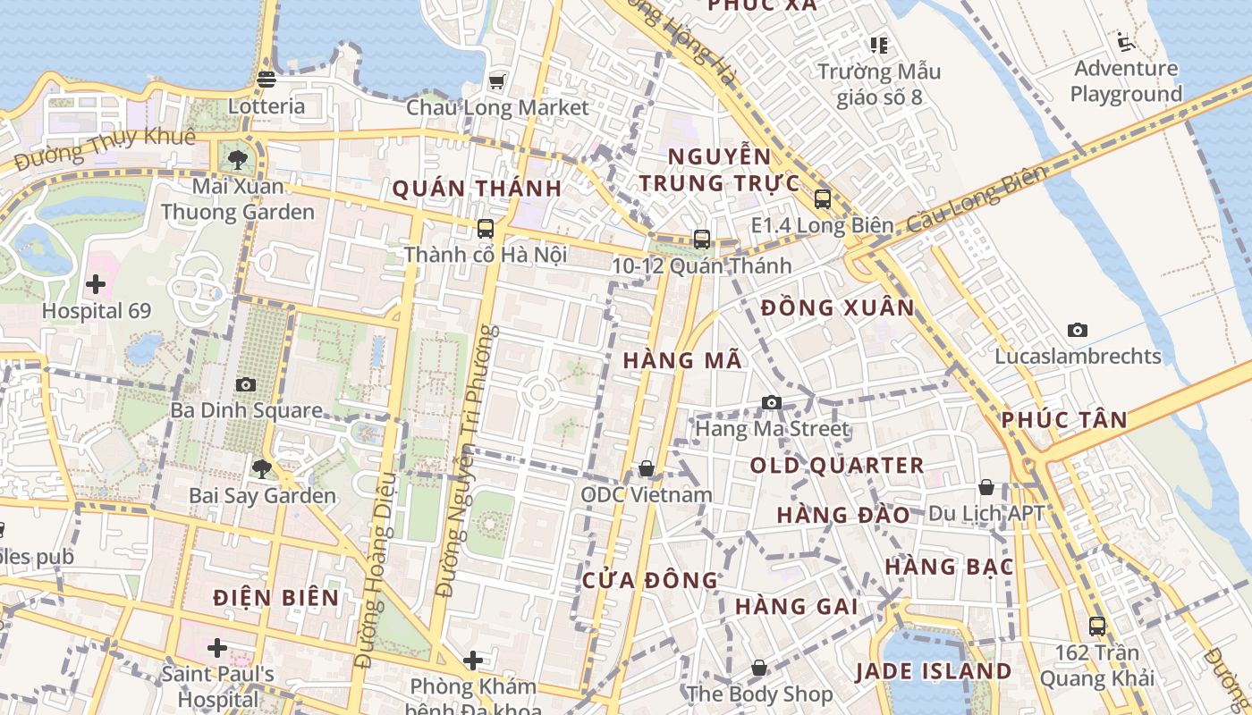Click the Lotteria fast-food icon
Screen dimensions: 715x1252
pyautogui.click(x=266, y=80)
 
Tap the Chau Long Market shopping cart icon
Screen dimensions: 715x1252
pyautogui.click(x=496, y=81)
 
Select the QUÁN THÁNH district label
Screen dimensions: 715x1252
pyautogui.click(x=477, y=189)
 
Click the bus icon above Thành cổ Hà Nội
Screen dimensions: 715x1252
pyautogui.click(x=486, y=229)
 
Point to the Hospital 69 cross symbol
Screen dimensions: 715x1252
pyautogui.click(x=96, y=285)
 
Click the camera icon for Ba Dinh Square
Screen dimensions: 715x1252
pyautogui.click(x=246, y=384)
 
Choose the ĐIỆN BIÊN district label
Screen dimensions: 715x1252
pyautogui.click(x=277, y=598)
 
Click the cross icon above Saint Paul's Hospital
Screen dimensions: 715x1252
pyautogui.click(x=217, y=648)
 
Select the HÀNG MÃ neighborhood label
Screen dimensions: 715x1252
pyautogui.click(x=683, y=360)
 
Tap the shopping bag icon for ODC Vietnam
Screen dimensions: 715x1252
pyautogui.click(x=647, y=468)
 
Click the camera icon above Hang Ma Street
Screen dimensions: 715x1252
pyautogui.click(x=772, y=403)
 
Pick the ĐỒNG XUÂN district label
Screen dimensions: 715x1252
pyautogui.click(x=838, y=308)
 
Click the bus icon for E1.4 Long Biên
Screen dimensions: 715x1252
pyautogui.click(x=823, y=199)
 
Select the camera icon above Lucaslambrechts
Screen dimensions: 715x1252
pyautogui.click(x=1078, y=330)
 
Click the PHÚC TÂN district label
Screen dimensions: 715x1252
pyautogui.click(x=1064, y=420)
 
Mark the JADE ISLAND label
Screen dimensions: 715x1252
pyautogui.click(x=933, y=671)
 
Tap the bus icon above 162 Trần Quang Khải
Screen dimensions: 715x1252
pyautogui.click(x=1097, y=627)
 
